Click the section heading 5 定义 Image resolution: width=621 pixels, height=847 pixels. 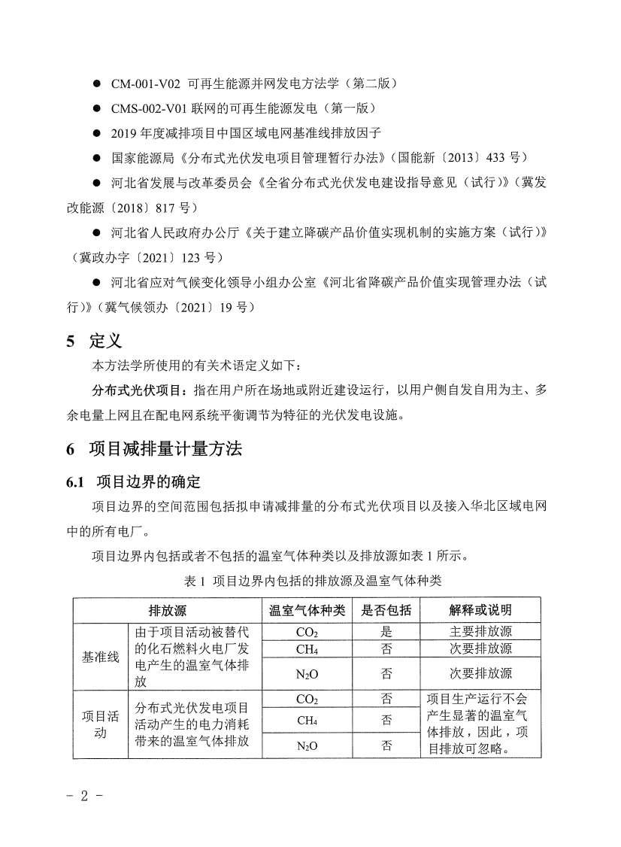click(x=94, y=341)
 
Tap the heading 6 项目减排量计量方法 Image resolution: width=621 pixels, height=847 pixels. click(x=154, y=449)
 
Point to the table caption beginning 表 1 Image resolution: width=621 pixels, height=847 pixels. click(x=312, y=581)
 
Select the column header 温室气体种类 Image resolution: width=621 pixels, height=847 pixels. click(x=307, y=609)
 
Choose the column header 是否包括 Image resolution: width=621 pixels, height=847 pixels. click(x=386, y=609)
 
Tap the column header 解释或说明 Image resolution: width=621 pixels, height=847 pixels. click(x=480, y=609)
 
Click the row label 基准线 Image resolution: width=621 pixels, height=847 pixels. click(x=101, y=657)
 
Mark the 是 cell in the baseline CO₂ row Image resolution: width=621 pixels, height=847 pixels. click(x=386, y=631)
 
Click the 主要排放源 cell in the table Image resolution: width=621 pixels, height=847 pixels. click(x=480, y=631)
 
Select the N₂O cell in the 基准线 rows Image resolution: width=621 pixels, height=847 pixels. click(x=307, y=673)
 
